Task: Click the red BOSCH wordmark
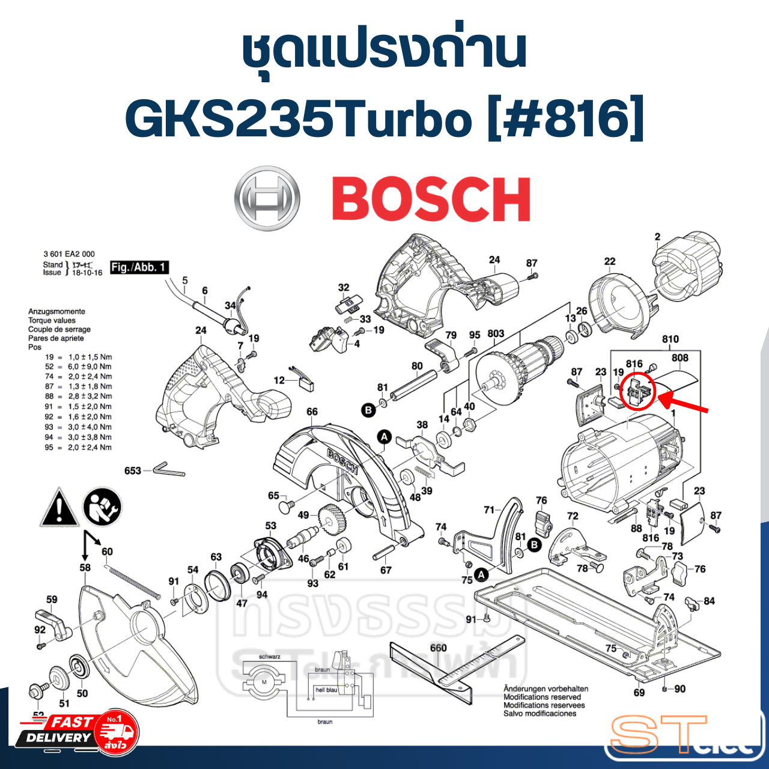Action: click(431, 200)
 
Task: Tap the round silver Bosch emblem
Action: click(267, 198)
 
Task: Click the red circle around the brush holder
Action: click(637, 390)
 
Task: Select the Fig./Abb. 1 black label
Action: click(139, 267)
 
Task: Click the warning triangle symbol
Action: click(59, 508)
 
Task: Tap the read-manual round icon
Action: click(102, 506)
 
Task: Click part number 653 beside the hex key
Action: click(133, 470)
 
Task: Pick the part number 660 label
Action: click(438, 648)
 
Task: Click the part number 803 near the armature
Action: click(496, 333)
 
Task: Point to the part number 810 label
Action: click(670, 339)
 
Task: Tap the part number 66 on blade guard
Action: click(312, 412)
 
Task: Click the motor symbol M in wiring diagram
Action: click(264, 682)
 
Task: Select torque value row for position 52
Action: click(78, 366)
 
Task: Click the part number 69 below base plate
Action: click(639, 693)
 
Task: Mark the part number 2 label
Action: click(657, 237)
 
